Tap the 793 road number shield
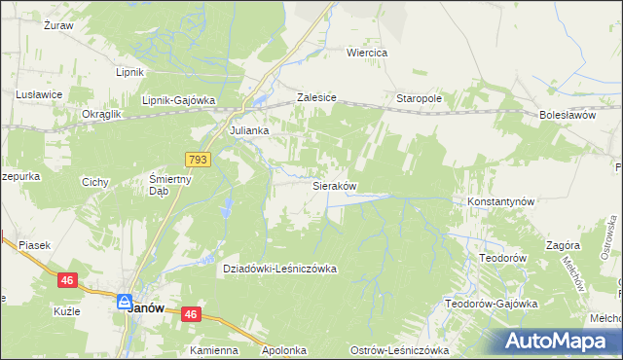198,157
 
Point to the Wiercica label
368,53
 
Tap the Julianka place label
248,130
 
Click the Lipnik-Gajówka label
177,101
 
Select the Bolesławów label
567,115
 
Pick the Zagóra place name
563,246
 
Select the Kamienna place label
214,350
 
